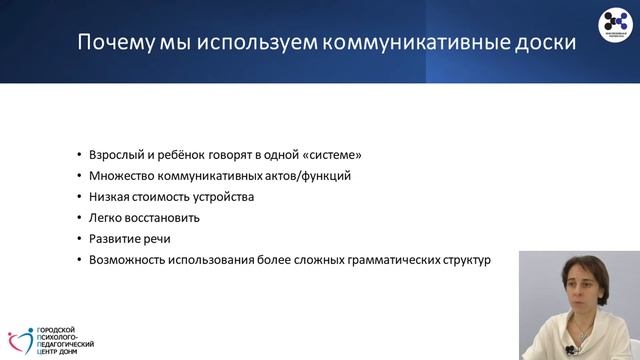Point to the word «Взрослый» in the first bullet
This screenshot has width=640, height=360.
pyautogui.click(x=114, y=155)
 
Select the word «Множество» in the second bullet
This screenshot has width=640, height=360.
pyautogui.click(x=118, y=176)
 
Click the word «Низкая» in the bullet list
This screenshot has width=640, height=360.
pyautogui.click(x=108, y=197)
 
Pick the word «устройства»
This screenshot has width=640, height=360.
pyautogui.click(x=227, y=197)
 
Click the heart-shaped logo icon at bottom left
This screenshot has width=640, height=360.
pyautogui.click(x=21, y=340)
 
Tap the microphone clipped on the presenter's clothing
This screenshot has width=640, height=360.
pyautogui.click(x=570, y=349)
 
